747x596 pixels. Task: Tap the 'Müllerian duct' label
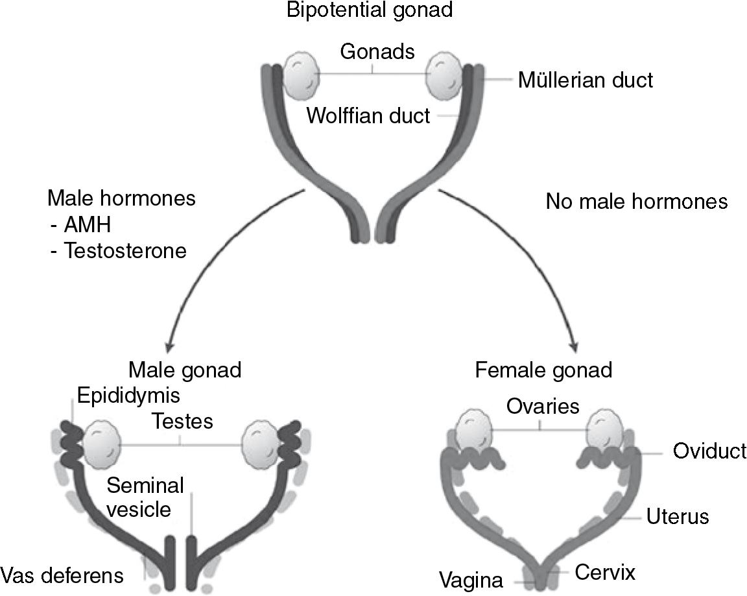[x=585, y=80]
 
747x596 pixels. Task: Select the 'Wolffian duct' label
[x=368, y=116]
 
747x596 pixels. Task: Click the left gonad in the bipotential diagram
[x=301, y=75]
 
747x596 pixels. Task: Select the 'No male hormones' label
[x=636, y=202]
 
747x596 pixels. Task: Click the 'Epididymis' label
[x=128, y=395]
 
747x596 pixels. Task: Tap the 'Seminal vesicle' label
[x=145, y=497]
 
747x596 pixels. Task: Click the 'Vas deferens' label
[x=62, y=575]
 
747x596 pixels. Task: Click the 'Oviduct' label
[x=709, y=451]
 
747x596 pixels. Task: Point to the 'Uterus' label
[x=678, y=517]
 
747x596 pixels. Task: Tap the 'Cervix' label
[x=604, y=573]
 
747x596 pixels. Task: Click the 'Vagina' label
[x=470, y=579]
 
